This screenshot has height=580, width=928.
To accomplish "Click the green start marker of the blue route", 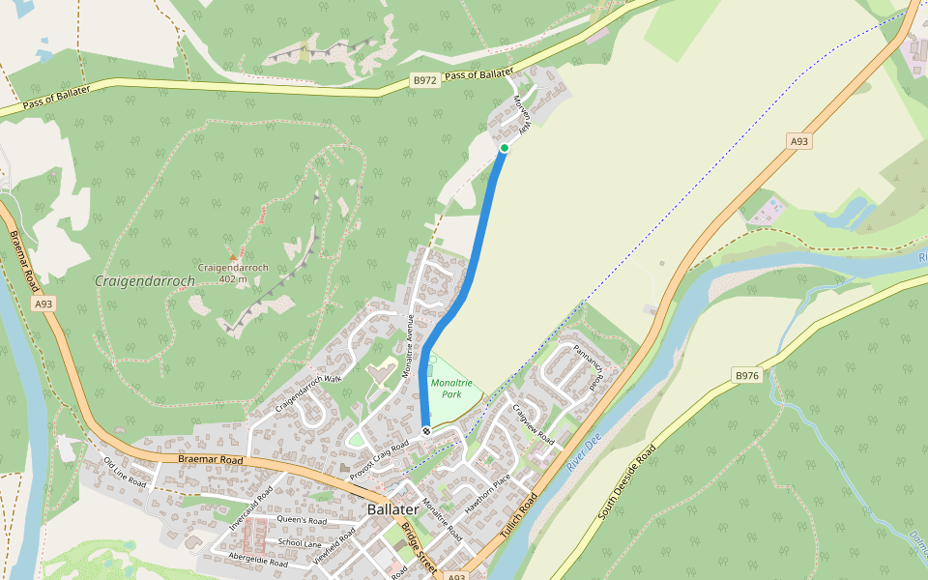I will coord(504,148).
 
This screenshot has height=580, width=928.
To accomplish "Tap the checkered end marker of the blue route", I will coord(425,430).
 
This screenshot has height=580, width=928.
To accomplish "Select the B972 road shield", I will coord(424,81).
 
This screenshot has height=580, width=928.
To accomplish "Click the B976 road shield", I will coord(747,375).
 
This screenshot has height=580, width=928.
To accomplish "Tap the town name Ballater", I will coord(392,509).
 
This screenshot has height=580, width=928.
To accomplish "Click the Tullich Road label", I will coord(518,519).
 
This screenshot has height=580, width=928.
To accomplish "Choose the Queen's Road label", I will coord(302,520).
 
